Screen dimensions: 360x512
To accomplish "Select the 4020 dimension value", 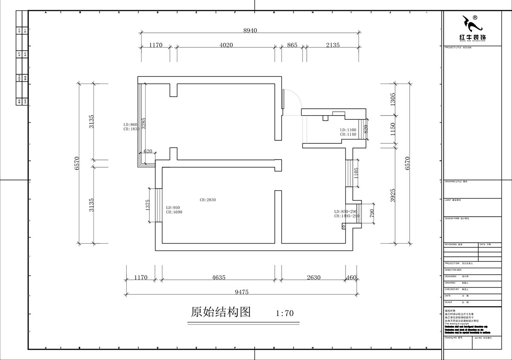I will pos(226,45).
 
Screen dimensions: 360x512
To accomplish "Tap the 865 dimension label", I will pos(292,45).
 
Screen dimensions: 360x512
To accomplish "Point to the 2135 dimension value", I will pos(332,45).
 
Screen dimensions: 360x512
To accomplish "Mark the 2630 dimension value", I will pos(314,278).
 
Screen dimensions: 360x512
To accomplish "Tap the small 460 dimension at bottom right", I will pos(352,278).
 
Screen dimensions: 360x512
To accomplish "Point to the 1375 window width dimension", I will pos(148,205).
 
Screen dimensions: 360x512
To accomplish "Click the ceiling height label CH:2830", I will pos(208,200).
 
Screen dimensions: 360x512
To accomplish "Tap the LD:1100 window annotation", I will pos(348,130).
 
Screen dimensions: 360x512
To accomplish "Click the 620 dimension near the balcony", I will pos(148,151).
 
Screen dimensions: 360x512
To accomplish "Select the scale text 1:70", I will pos(285,313).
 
